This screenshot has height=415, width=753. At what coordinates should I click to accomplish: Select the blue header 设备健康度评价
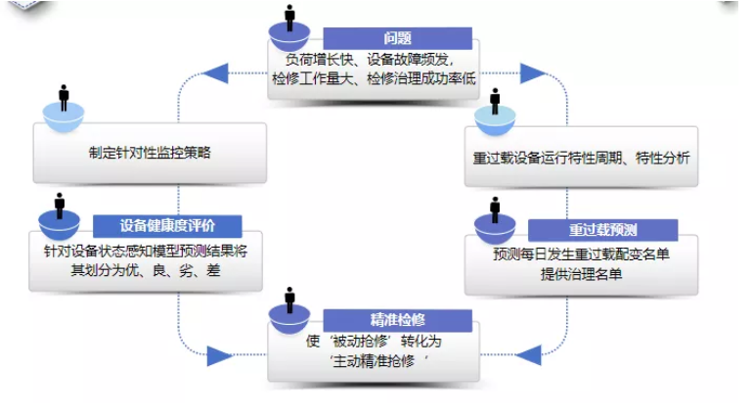click(167, 226)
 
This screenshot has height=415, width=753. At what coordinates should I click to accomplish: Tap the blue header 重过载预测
click(602, 230)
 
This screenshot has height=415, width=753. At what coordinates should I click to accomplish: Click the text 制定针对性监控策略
click(150, 153)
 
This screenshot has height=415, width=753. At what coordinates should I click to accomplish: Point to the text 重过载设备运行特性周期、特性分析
click(582, 157)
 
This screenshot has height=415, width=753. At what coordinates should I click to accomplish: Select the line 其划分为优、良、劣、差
click(147, 269)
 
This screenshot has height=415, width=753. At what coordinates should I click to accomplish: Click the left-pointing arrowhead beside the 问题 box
click(215, 72)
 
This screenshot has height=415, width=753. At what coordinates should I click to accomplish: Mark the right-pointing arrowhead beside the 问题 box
click(533, 72)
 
